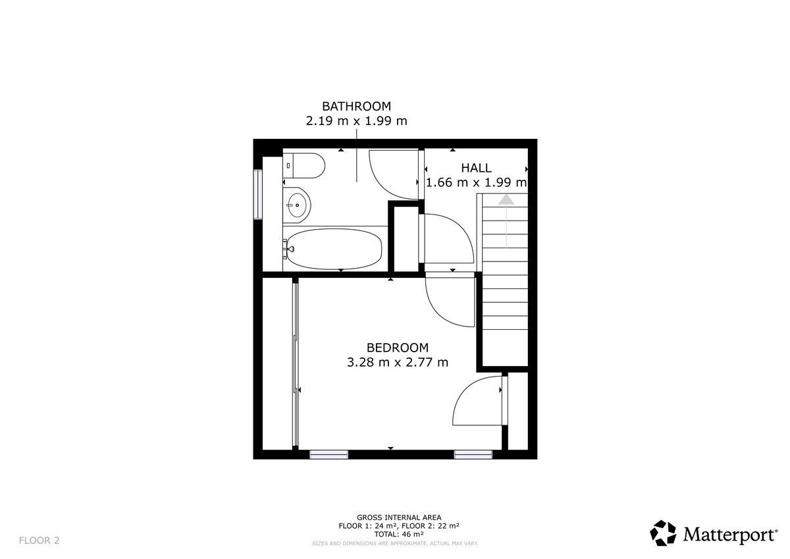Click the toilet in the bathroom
pyautogui.click(x=305, y=165)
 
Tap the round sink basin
pyautogui.click(x=298, y=205)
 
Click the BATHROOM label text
pyautogui.click(x=356, y=106)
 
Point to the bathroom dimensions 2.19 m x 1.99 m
pyautogui.click(x=356, y=121)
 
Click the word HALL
pyautogui.click(x=476, y=168)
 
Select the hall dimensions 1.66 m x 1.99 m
pyautogui.click(x=476, y=182)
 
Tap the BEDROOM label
pyautogui.click(x=398, y=348)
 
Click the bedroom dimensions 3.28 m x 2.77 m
pyautogui.click(x=398, y=362)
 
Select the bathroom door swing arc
pyautogui.click(x=394, y=174)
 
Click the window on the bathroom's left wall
pyautogui.click(x=258, y=194)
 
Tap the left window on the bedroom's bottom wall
pyautogui.click(x=329, y=454)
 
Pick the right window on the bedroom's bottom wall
pyautogui.click(x=473, y=454)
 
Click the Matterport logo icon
pyautogui.click(x=663, y=533)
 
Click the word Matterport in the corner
pyautogui.click(x=729, y=534)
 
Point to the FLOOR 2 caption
pyautogui.click(x=39, y=541)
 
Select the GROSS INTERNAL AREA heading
pyautogui.click(x=399, y=518)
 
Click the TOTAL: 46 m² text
pyautogui.click(x=399, y=535)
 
